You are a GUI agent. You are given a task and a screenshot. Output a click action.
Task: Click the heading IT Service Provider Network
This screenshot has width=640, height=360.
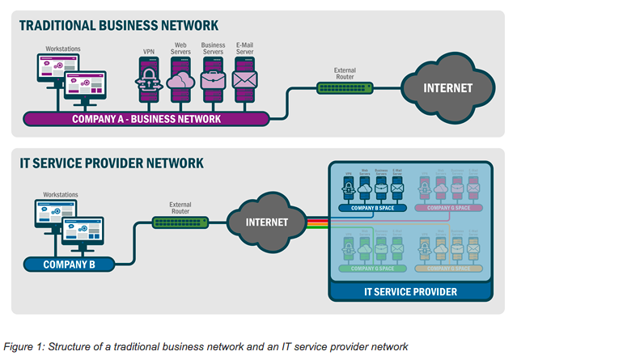click(x=112, y=163)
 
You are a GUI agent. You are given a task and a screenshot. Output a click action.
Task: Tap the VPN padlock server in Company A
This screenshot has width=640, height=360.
click(x=149, y=81)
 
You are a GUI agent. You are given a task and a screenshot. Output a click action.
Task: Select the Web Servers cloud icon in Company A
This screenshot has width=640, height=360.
click(x=180, y=81)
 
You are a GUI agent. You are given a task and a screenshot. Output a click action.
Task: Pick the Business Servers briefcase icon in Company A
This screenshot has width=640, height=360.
click(x=213, y=81)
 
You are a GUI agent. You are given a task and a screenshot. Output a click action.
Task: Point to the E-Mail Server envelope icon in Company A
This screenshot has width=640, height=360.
click(x=244, y=81)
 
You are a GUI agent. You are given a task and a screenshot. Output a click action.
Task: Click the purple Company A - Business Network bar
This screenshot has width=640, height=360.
click(x=146, y=120)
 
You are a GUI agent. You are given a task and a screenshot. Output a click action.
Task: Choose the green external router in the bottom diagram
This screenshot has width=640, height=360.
click(x=180, y=222)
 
